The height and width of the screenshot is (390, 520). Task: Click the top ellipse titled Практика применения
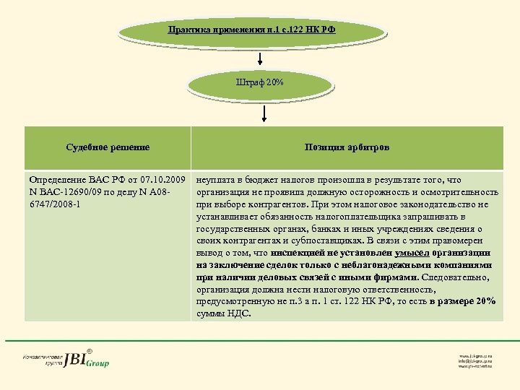(x=252, y=31)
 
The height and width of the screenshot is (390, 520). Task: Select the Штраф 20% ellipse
(x=260, y=83)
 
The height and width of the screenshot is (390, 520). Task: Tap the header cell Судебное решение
(x=108, y=147)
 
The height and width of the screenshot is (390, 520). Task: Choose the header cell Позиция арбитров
(x=347, y=147)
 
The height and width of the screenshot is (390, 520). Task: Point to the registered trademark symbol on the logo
(x=90, y=350)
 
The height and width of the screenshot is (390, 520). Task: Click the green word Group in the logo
(x=97, y=363)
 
